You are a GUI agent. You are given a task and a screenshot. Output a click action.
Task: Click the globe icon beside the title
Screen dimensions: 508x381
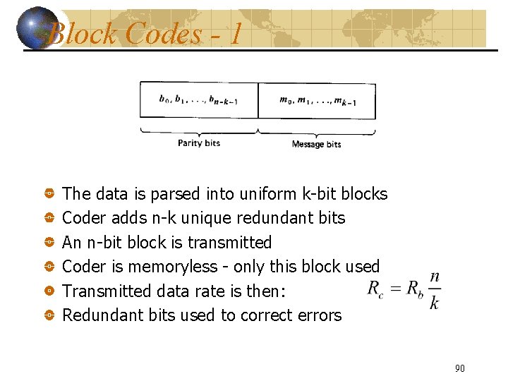coord(40,28)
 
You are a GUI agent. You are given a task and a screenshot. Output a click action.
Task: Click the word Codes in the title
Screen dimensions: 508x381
coord(163,33)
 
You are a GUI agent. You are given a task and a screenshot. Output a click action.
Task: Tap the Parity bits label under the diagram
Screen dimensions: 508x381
coord(199,143)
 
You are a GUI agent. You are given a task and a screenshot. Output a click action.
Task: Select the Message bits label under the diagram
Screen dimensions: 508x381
coord(316,144)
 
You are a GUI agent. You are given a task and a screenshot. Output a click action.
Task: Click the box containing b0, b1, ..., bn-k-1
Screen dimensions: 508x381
coord(199,100)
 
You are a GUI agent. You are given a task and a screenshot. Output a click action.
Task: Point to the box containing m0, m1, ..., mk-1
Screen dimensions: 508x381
coord(317,100)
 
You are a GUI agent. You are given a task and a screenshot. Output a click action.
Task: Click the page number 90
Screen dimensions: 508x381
coord(460,368)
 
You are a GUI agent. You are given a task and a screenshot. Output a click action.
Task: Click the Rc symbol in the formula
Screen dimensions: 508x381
coord(376,289)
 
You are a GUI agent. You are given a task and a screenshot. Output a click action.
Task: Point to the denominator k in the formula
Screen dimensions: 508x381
coord(434,303)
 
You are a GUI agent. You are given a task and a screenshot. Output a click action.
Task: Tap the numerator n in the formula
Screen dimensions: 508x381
coord(435,277)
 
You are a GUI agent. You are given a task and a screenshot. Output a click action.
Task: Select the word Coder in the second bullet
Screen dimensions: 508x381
coord(83,218)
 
